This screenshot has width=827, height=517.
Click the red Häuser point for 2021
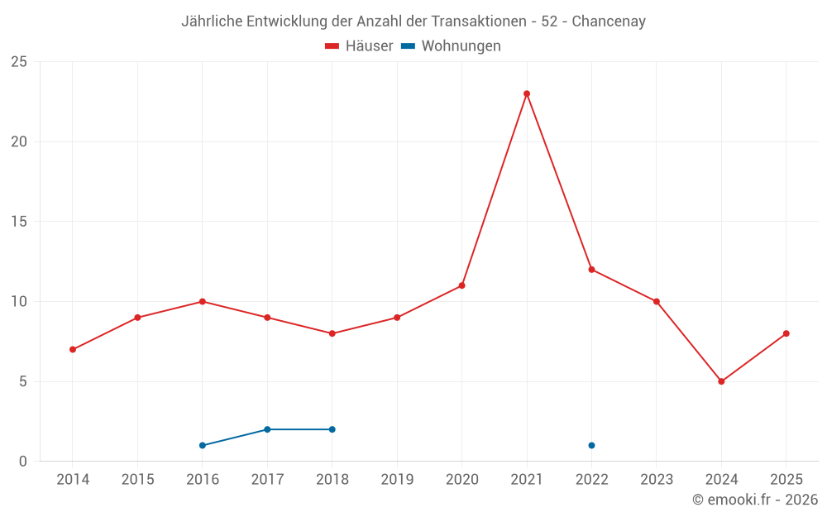tap(527, 93)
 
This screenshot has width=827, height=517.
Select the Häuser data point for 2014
tap(73, 349)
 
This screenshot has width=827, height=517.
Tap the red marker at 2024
tap(721, 381)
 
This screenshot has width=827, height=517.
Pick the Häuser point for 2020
tap(461, 285)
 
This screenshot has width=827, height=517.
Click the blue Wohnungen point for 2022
tap(591, 445)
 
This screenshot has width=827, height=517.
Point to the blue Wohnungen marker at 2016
tap(203, 445)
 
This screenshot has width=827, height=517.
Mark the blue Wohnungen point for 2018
tap(332, 429)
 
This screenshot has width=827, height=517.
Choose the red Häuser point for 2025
tap(786, 333)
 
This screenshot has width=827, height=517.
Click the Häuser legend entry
tap(360, 46)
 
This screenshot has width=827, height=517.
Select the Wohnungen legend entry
tap(452, 46)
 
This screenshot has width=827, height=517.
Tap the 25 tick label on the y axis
tap(19, 62)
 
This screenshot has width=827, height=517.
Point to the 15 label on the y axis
tap(19, 222)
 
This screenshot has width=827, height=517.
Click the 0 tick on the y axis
tap(23, 462)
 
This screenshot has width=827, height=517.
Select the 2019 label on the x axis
tap(397, 480)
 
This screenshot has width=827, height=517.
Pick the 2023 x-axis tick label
tap(657, 480)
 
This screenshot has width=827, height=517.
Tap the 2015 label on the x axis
tap(137, 480)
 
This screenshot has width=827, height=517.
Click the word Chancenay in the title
tap(609, 22)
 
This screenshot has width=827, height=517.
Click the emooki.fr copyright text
tap(755, 500)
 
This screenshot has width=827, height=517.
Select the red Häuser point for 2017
tap(267, 318)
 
